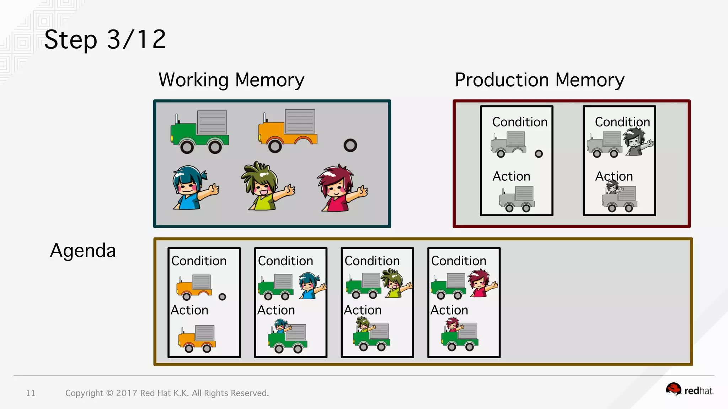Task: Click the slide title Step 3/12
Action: point(105,39)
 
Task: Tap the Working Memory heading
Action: point(231,80)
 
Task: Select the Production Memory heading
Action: point(539,80)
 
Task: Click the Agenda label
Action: point(83,251)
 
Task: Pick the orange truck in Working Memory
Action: point(288,131)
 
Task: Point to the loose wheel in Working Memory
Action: point(350,145)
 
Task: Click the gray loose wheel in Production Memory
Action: point(539,154)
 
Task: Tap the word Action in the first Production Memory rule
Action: point(511,176)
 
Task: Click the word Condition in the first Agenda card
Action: point(199,261)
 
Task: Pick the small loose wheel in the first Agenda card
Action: point(222,297)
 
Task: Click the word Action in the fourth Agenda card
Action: point(449,310)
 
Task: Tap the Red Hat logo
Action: point(689,390)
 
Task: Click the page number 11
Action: point(31,393)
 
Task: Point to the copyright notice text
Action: point(167,393)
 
